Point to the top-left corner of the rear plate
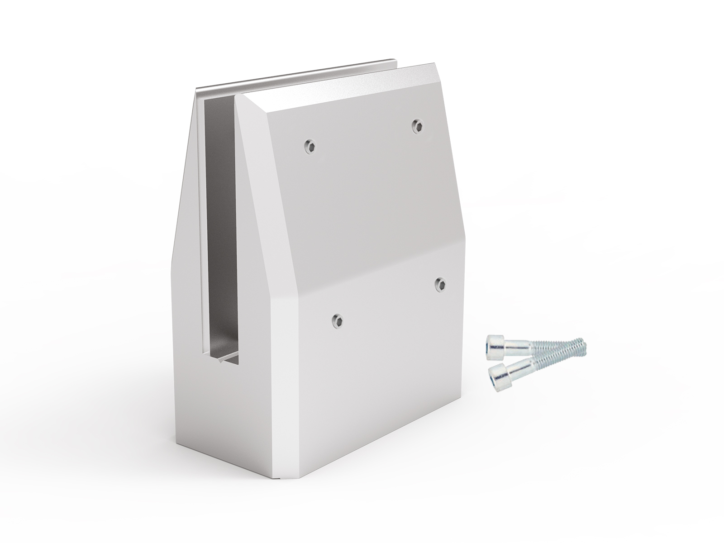pyautogui.click(x=198, y=90)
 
